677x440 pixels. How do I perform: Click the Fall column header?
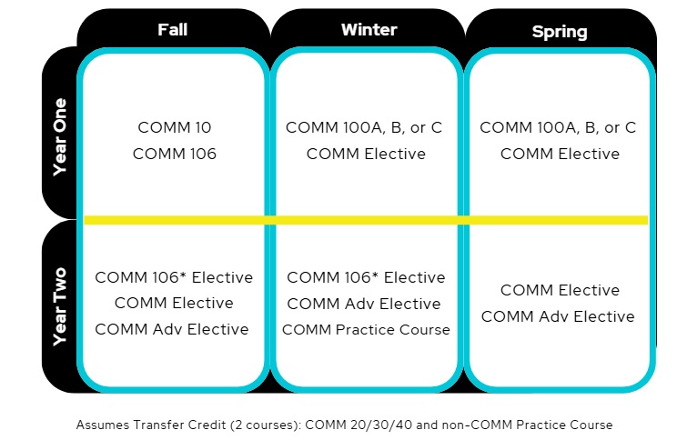[x=173, y=30]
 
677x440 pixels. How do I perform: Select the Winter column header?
[x=369, y=30]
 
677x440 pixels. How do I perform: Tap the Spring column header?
[x=560, y=32]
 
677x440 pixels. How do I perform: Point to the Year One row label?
[x=59, y=137]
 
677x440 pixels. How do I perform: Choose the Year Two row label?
[x=59, y=306]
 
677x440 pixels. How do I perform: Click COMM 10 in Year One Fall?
[x=175, y=127]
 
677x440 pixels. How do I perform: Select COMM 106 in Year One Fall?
[x=175, y=154]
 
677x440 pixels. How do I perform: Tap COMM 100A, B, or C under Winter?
[x=364, y=127]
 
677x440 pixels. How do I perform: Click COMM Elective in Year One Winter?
[x=366, y=154]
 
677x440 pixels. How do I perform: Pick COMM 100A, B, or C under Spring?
[x=558, y=127]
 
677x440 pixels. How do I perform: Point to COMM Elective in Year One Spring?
[x=560, y=154]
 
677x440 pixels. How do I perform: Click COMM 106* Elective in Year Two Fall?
[x=174, y=277]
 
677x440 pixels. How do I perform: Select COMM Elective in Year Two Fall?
[x=174, y=303]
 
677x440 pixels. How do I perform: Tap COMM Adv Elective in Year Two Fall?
[x=172, y=329]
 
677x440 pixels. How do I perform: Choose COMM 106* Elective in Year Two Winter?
[x=366, y=277]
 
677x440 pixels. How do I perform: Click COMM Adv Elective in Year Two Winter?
[x=364, y=304]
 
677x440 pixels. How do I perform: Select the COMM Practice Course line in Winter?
[x=366, y=330]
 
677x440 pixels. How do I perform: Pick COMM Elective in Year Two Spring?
[x=560, y=290]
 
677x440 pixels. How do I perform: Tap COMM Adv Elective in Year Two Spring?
[x=558, y=316]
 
